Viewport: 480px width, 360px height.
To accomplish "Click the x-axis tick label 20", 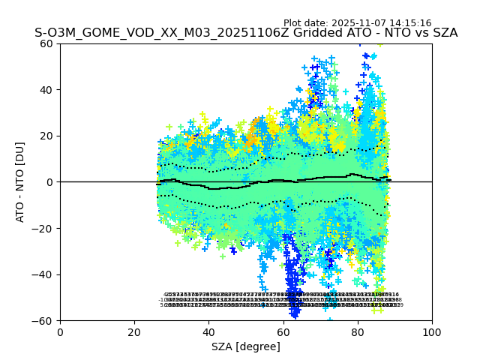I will (x=134, y=332).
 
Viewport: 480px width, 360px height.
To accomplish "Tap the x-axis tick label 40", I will (x=208, y=332).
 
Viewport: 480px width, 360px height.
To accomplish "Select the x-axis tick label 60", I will (x=283, y=332).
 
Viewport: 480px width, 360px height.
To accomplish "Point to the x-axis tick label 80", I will (x=358, y=332).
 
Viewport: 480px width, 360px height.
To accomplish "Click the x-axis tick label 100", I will (x=432, y=332).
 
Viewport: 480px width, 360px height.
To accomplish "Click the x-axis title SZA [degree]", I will (x=246, y=346).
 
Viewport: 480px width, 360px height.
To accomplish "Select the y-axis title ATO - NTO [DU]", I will (x=21, y=182).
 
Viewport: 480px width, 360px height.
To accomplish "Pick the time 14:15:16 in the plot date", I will (x=409, y=23).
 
